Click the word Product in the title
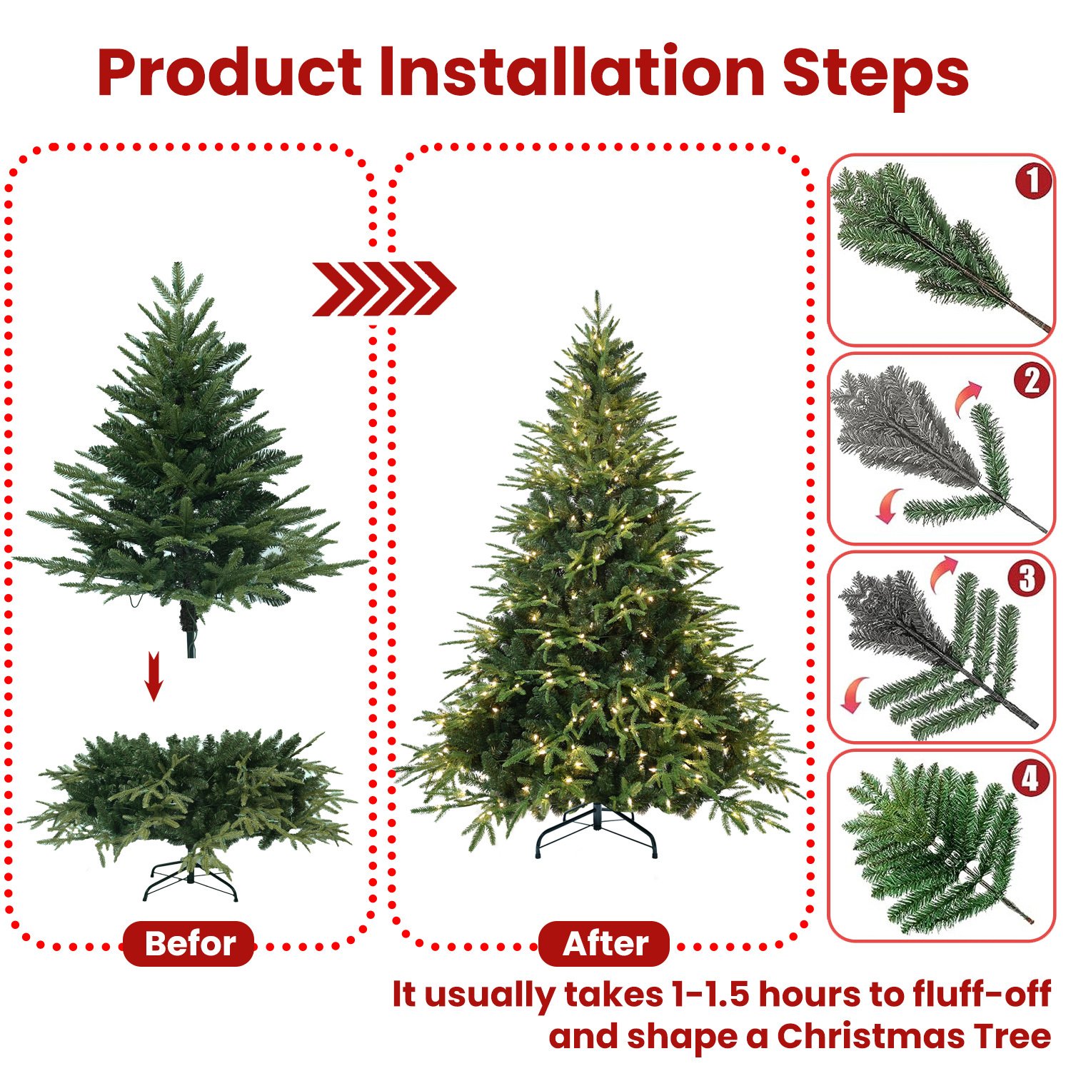click(x=230, y=73)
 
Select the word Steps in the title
click(x=875, y=73)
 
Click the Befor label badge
click(x=189, y=943)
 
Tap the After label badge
click(x=604, y=943)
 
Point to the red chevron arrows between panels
click(x=383, y=288)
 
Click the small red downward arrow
click(x=154, y=676)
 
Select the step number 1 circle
click(x=1032, y=181)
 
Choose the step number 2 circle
click(x=1032, y=380)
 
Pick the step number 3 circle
click(x=1027, y=578)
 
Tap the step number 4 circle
click(x=1030, y=778)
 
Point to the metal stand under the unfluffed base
click(x=190, y=882)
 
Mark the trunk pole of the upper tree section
click(x=190, y=632)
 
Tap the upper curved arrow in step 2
click(x=968, y=396)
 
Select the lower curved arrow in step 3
click(x=853, y=694)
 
